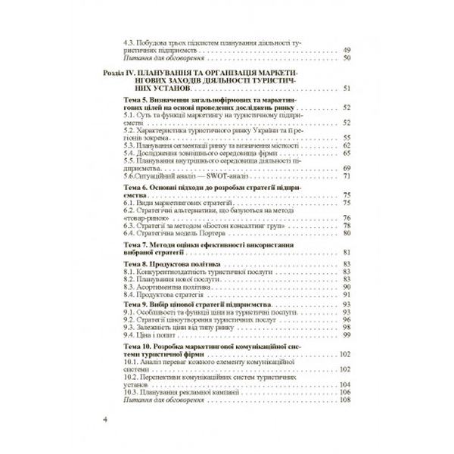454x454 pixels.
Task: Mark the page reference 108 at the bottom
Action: point(347,399)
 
